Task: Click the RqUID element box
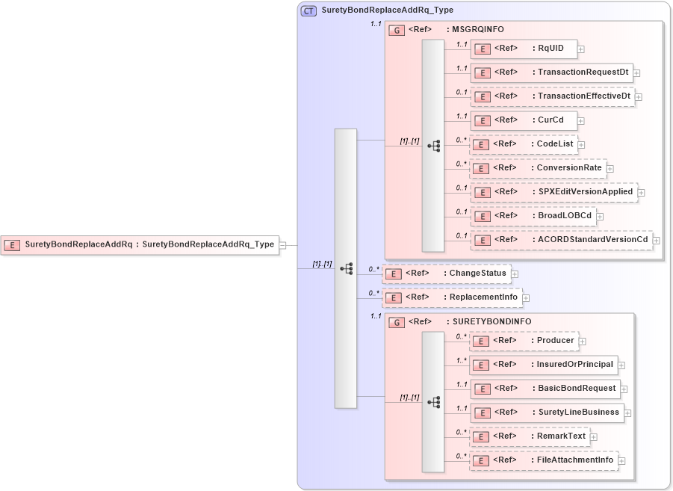[x=523, y=49]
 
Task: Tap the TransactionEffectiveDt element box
[x=552, y=96]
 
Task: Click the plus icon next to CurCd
[x=581, y=120]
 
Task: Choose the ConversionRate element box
[x=538, y=168]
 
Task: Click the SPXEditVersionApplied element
[x=553, y=192]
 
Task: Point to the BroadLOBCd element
[x=533, y=216]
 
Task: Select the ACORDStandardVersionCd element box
[x=561, y=240]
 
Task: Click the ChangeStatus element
[x=446, y=274]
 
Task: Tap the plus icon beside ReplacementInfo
[x=526, y=298]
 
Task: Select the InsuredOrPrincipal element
[x=543, y=365]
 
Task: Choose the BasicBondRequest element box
[x=545, y=389]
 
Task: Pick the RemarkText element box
[x=529, y=436]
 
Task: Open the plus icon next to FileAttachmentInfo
[x=621, y=461]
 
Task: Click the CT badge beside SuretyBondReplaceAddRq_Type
[x=308, y=10]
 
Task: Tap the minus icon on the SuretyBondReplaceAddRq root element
[x=282, y=244]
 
